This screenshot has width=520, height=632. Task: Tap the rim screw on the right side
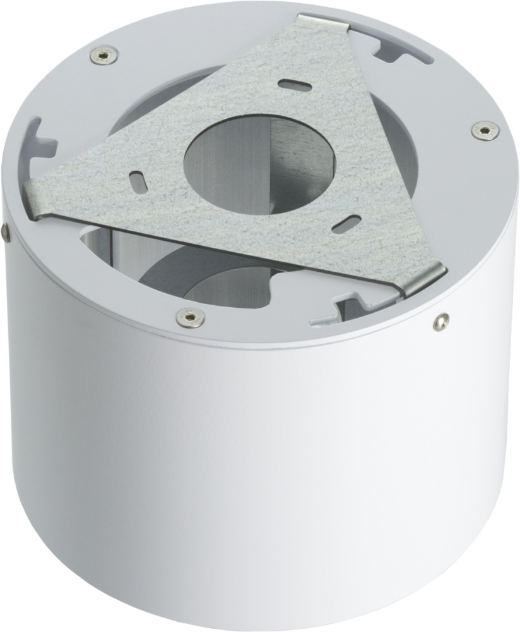(x=485, y=130)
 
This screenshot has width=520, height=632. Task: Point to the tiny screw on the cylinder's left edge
(x=6, y=232)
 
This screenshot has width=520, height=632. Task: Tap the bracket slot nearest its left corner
(x=137, y=179)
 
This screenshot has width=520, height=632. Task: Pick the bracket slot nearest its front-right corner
(x=348, y=223)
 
